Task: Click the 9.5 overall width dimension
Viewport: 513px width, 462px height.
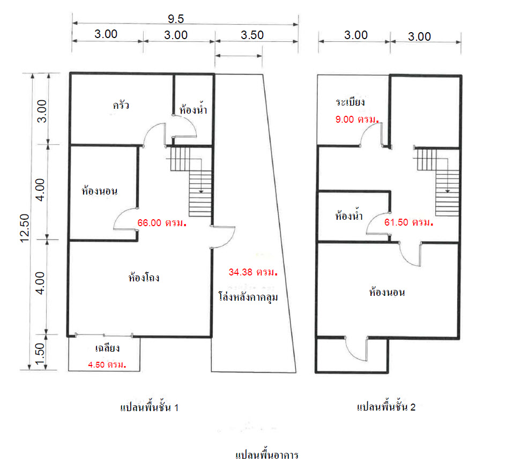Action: (176, 19)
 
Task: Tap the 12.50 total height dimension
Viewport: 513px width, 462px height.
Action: (25, 228)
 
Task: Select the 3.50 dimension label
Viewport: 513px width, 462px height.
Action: (252, 35)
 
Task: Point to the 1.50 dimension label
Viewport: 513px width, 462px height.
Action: (39, 354)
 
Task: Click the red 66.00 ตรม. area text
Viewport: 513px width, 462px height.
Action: (162, 223)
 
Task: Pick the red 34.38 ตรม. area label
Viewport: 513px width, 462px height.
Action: (253, 272)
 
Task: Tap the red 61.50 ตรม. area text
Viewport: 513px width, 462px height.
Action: (408, 222)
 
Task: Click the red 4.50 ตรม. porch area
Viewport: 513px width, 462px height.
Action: (107, 364)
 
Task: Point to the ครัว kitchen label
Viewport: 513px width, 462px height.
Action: (121, 105)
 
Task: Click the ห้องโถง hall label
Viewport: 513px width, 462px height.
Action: (144, 278)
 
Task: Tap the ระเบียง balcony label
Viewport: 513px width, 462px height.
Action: (350, 102)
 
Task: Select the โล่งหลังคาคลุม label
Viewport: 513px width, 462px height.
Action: (248, 297)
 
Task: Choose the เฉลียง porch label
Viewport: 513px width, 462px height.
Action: (107, 348)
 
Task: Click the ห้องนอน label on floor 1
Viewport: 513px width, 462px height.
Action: (100, 190)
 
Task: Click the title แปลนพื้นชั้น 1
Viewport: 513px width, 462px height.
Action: (149, 406)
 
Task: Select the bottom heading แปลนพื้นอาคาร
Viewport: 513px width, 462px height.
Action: (266, 454)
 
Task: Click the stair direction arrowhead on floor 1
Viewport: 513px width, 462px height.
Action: (201, 191)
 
